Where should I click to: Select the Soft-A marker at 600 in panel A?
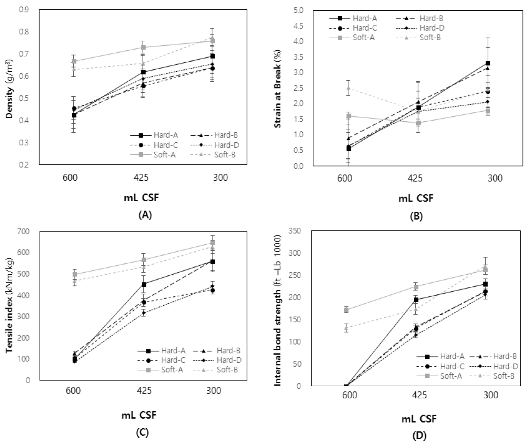pos(74,61)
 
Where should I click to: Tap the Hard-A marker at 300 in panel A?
pos(213,56)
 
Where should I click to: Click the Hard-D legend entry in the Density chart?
pos(226,145)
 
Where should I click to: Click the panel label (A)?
pos(145,215)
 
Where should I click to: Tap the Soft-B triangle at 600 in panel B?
pos(349,88)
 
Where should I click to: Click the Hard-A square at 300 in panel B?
pos(488,63)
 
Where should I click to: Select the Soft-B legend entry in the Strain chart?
pos(430,38)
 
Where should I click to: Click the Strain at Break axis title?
pos(278,89)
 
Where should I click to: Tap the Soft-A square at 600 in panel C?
pos(74,275)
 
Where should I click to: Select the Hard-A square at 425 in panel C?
pos(144,284)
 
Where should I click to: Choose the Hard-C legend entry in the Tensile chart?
pos(173,360)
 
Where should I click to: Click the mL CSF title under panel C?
pos(139,415)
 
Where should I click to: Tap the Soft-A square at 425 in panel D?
pos(416,287)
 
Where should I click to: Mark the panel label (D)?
pos(419,436)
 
